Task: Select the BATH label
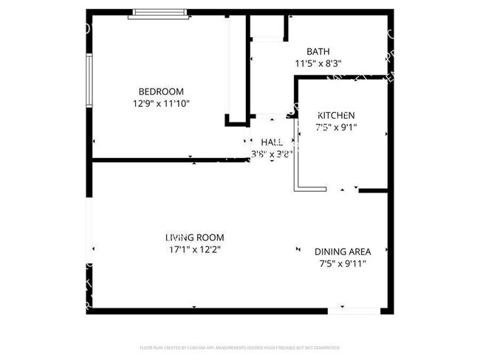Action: [x=318, y=52]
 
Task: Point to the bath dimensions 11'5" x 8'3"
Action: [x=318, y=63]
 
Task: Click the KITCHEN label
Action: [x=336, y=116]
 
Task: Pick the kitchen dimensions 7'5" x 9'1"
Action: [x=336, y=128]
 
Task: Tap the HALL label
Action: [x=272, y=142]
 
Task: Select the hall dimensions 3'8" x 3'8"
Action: [x=272, y=154]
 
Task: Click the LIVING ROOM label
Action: [x=194, y=238]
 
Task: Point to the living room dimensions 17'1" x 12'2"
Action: [x=194, y=249]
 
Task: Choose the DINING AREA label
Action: [x=343, y=251]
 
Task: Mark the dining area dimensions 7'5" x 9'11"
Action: [x=343, y=263]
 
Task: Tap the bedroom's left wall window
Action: [x=89, y=84]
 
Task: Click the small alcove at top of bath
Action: [x=268, y=28]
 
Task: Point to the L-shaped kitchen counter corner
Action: [x=298, y=186]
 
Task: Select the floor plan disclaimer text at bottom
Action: [x=239, y=347]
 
